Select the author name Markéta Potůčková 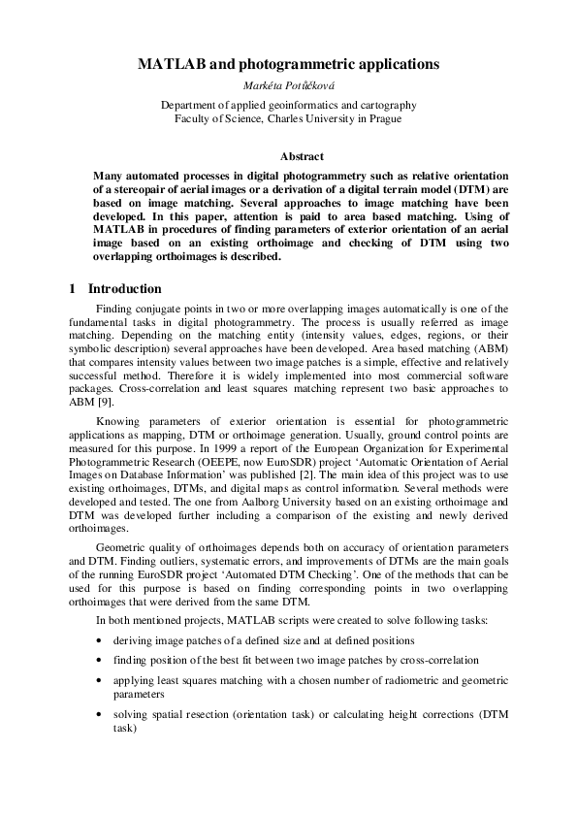(288, 85)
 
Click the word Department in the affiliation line (191, 104)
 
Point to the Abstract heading (302, 156)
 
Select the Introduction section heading (125, 289)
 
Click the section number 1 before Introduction (73, 289)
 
